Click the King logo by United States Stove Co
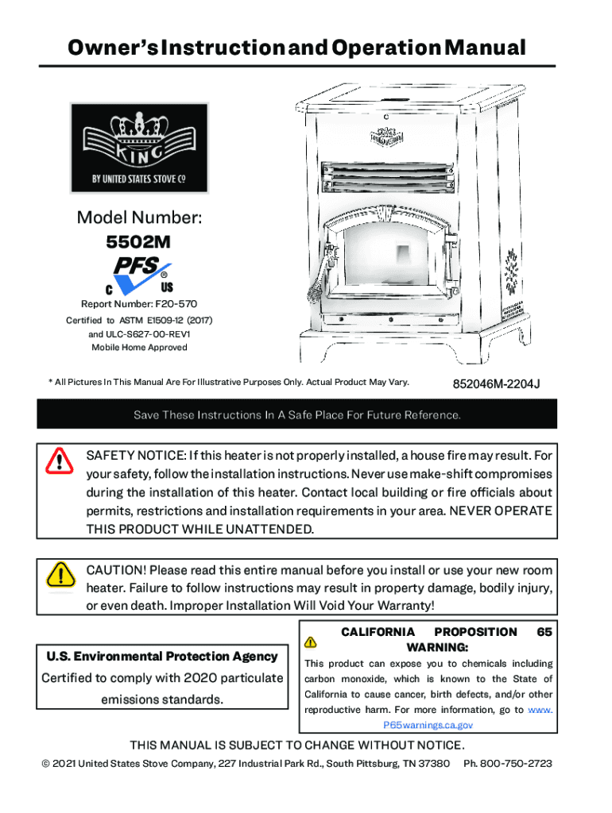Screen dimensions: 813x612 139,148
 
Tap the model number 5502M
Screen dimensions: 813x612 138,242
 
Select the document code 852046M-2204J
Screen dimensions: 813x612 496,384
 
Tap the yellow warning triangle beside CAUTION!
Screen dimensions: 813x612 59,574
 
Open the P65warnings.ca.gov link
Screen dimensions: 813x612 428,725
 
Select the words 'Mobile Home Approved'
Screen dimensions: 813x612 139,347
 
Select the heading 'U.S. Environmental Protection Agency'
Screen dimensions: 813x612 162,656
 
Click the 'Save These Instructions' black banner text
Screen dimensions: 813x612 296,415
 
